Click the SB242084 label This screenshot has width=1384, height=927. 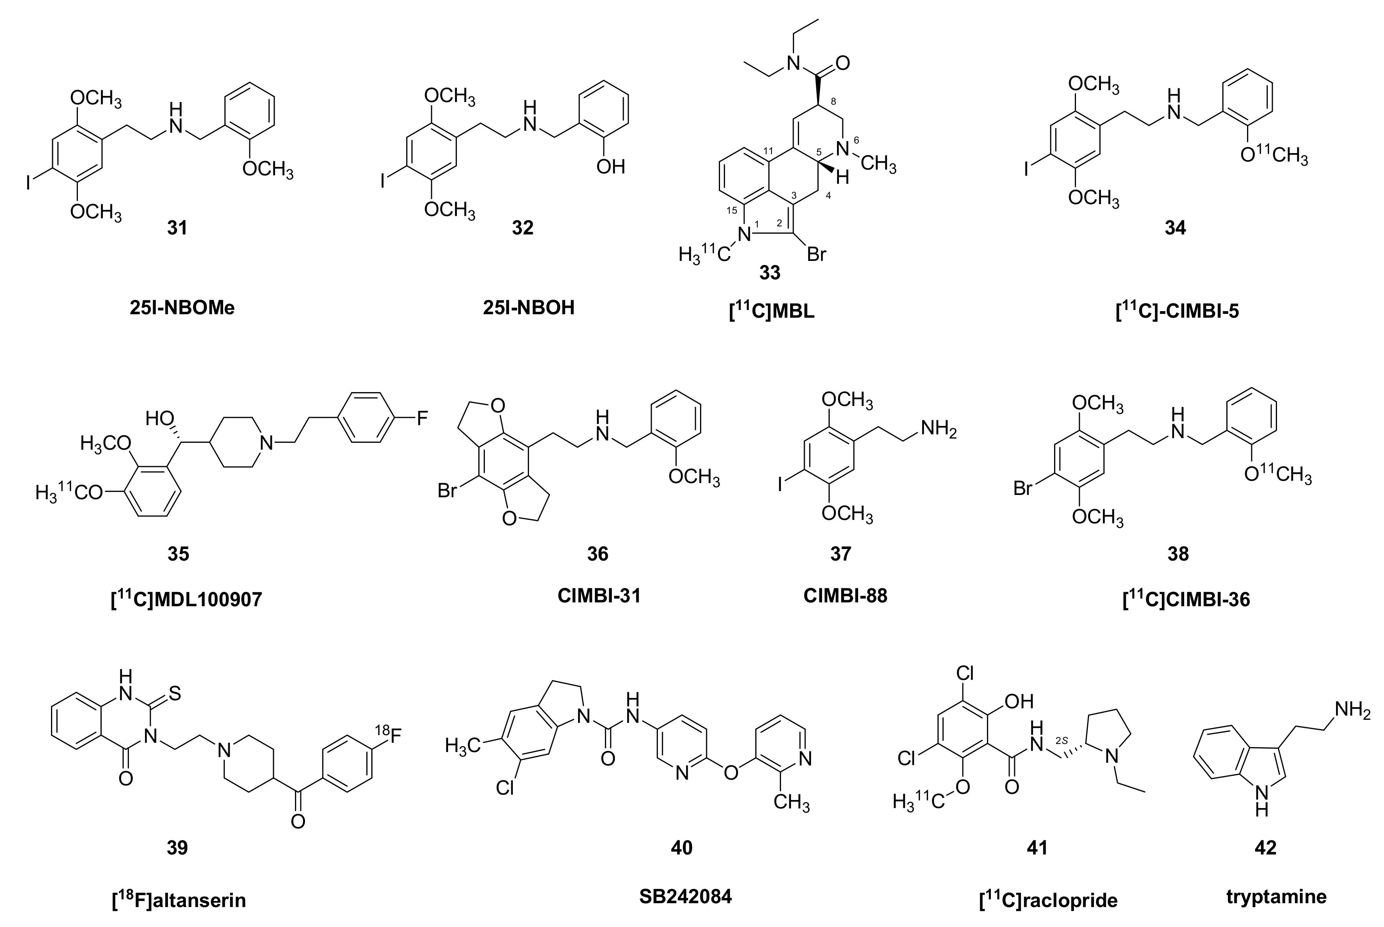(685, 896)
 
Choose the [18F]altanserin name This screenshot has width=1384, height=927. (178, 900)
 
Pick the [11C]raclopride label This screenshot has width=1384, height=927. (1048, 900)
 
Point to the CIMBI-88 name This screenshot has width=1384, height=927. (845, 595)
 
